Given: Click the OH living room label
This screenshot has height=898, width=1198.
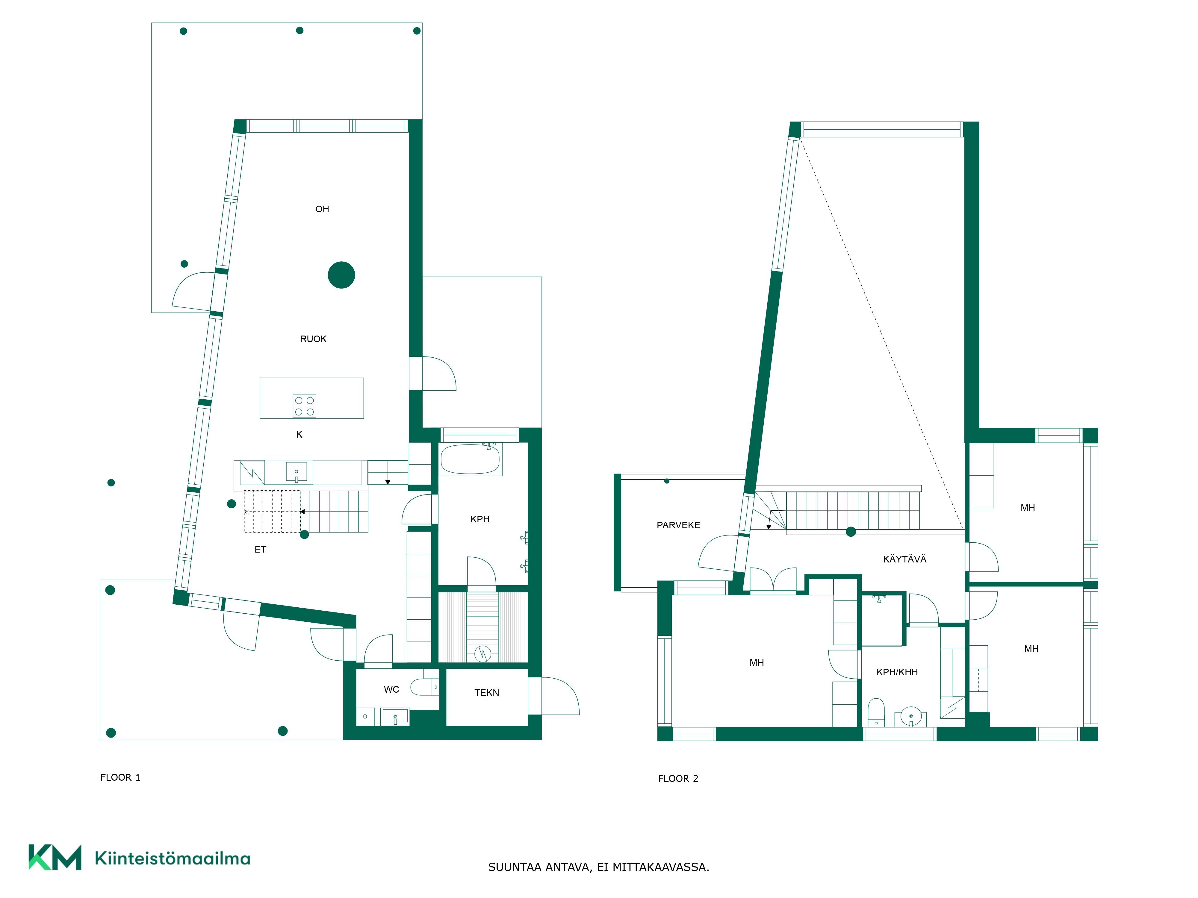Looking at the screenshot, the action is (x=322, y=209).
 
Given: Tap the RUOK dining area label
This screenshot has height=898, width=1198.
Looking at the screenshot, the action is (x=313, y=339).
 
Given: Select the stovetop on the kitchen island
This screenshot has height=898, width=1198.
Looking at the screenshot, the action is (x=304, y=406).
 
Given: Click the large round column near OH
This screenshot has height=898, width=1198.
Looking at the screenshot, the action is (x=341, y=275).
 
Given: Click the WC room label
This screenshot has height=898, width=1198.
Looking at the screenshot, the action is (x=391, y=689).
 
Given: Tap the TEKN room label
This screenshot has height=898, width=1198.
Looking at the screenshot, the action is (x=487, y=692).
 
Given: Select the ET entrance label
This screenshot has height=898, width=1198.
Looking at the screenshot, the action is (x=261, y=549).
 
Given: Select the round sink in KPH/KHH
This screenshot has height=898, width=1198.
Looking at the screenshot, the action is (x=911, y=716).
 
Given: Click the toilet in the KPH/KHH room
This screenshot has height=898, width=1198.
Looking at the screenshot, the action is (x=876, y=712).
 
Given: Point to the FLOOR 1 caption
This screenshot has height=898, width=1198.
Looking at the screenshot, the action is (x=120, y=777).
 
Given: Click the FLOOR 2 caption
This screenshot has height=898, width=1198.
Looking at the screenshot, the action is (x=678, y=778).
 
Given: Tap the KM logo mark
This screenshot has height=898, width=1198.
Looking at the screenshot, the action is (x=55, y=857).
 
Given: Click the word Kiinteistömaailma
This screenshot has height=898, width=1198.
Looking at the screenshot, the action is (x=172, y=858).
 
